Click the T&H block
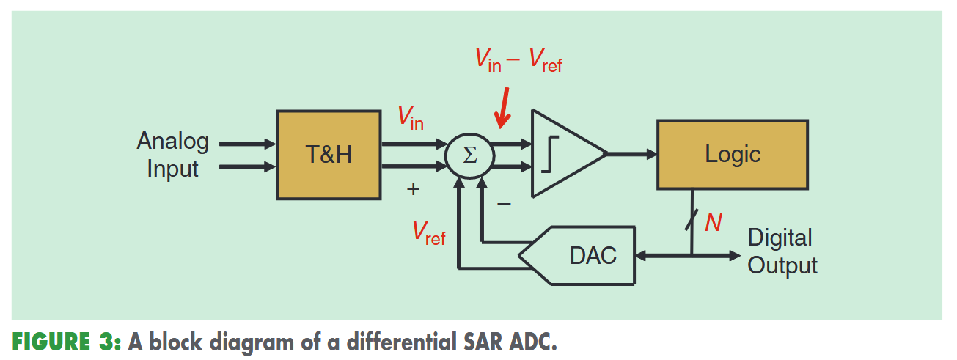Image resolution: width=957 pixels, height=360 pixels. (328, 155)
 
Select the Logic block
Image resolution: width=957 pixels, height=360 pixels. (732, 154)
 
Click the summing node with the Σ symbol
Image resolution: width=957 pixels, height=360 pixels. (470, 155)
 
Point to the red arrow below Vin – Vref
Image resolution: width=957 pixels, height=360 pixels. (503, 110)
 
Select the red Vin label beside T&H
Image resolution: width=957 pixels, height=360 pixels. (411, 117)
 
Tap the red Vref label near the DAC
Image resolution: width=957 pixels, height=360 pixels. (428, 233)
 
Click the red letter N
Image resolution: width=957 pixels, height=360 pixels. (713, 222)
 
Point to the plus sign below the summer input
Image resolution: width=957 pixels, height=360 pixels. (414, 189)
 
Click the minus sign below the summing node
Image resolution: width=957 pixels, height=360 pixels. (504, 203)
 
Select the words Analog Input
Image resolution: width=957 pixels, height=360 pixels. (173, 155)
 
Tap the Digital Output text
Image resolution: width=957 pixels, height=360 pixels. (782, 251)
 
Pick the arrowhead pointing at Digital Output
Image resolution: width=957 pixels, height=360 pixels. (733, 255)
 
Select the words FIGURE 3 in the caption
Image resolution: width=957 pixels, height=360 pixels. (62, 342)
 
